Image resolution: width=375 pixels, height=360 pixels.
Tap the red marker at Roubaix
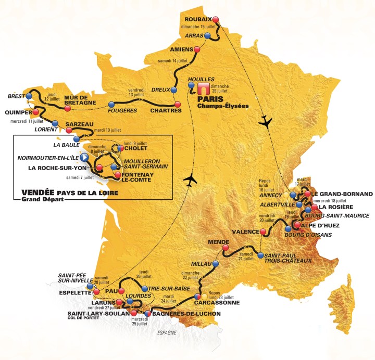coord(216,20)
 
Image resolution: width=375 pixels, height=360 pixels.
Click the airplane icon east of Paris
coord(266,120)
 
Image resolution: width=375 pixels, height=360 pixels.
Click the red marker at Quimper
coord(35,112)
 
